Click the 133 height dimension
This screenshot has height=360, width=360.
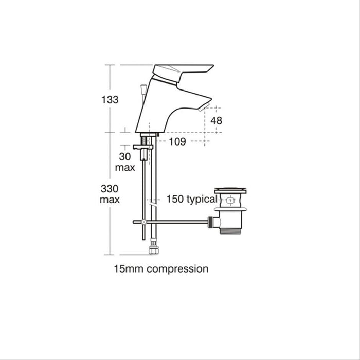click(110, 100)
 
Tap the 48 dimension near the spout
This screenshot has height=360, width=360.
click(217, 121)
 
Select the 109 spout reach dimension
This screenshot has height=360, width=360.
click(177, 141)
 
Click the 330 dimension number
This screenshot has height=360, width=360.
click(110, 189)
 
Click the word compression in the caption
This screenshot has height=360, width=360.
click(177, 269)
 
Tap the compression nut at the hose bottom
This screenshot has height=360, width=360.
click(152, 251)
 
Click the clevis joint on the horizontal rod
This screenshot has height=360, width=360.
click(144, 222)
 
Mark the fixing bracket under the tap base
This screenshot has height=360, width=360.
click(143, 147)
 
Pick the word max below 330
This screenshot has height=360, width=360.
click(110, 200)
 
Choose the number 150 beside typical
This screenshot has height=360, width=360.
click(175, 199)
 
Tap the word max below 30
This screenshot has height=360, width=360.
click(125, 168)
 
